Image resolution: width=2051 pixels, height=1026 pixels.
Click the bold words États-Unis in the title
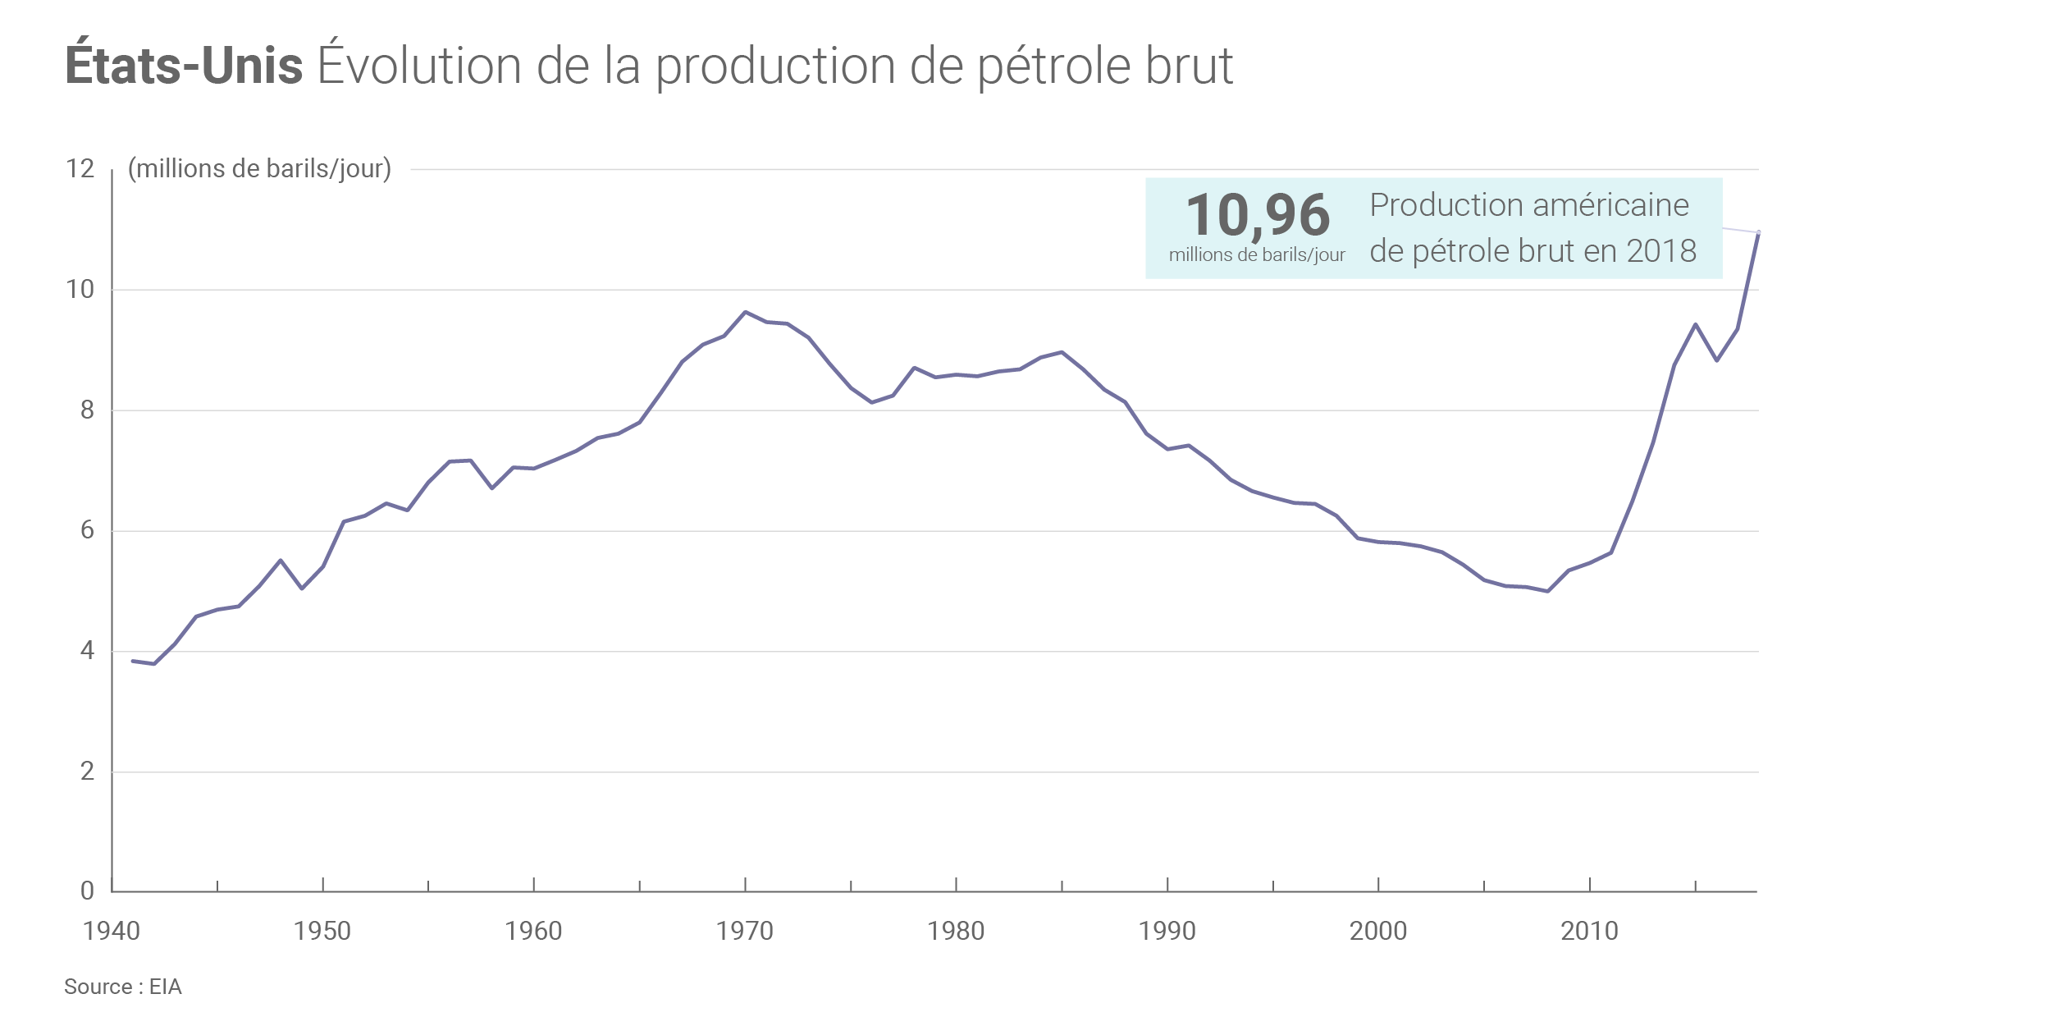184,66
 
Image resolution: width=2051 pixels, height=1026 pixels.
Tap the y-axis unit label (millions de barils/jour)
259,168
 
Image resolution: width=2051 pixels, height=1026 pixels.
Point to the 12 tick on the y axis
80,168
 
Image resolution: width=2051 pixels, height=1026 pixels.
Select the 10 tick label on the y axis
80,289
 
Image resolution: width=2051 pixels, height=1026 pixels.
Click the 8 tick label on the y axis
87,410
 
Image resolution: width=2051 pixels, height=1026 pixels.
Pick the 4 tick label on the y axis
87,651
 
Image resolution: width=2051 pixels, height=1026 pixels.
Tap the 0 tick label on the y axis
87,891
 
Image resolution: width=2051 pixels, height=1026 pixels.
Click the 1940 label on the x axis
112,931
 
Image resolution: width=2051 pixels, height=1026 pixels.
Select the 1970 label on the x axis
745,931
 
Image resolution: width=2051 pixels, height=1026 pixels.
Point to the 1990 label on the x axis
1167,931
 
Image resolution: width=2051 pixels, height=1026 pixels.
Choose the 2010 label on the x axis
1589,931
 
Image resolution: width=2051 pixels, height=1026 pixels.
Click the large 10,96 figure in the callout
1258,215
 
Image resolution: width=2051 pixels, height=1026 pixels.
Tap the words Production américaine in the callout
1529,205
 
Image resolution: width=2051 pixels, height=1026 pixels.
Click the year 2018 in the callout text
1661,251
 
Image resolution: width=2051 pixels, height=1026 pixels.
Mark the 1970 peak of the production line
745,312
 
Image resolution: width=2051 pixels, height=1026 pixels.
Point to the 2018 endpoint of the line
1758,232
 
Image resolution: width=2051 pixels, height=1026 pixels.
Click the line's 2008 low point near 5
1547,591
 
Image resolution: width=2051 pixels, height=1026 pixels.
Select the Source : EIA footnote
123,987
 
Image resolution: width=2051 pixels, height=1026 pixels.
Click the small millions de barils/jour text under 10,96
1257,255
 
